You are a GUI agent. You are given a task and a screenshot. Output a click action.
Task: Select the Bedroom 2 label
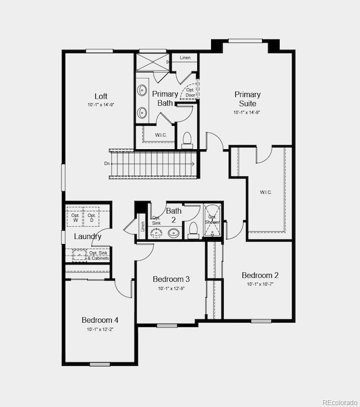(x=260, y=276)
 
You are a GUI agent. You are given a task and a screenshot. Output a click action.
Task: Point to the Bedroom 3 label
(x=171, y=279)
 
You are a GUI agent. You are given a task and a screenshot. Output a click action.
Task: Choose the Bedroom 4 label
(x=100, y=320)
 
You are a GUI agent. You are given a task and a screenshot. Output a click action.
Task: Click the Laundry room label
(x=88, y=237)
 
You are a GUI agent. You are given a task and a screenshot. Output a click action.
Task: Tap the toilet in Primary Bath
(x=187, y=139)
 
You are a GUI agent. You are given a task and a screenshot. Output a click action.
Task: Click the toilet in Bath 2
(x=194, y=229)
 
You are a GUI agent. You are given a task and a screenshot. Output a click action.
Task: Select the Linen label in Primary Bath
(x=185, y=58)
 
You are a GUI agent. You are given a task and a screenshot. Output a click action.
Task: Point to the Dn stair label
(x=106, y=164)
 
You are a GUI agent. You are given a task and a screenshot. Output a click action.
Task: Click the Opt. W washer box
(x=75, y=216)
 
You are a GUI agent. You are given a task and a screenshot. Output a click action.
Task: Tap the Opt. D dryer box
(x=91, y=216)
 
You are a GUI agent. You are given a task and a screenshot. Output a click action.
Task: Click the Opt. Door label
(x=191, y=93)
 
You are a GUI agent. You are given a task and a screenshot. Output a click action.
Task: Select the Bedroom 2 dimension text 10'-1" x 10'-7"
(x=260, y=284)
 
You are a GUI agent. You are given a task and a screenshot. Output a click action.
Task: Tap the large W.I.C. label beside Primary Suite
(x=266, y=192)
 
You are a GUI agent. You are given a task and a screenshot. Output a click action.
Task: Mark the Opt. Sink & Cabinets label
(x=99, y=256)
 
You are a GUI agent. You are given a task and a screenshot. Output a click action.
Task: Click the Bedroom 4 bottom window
(x=100, y=364)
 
